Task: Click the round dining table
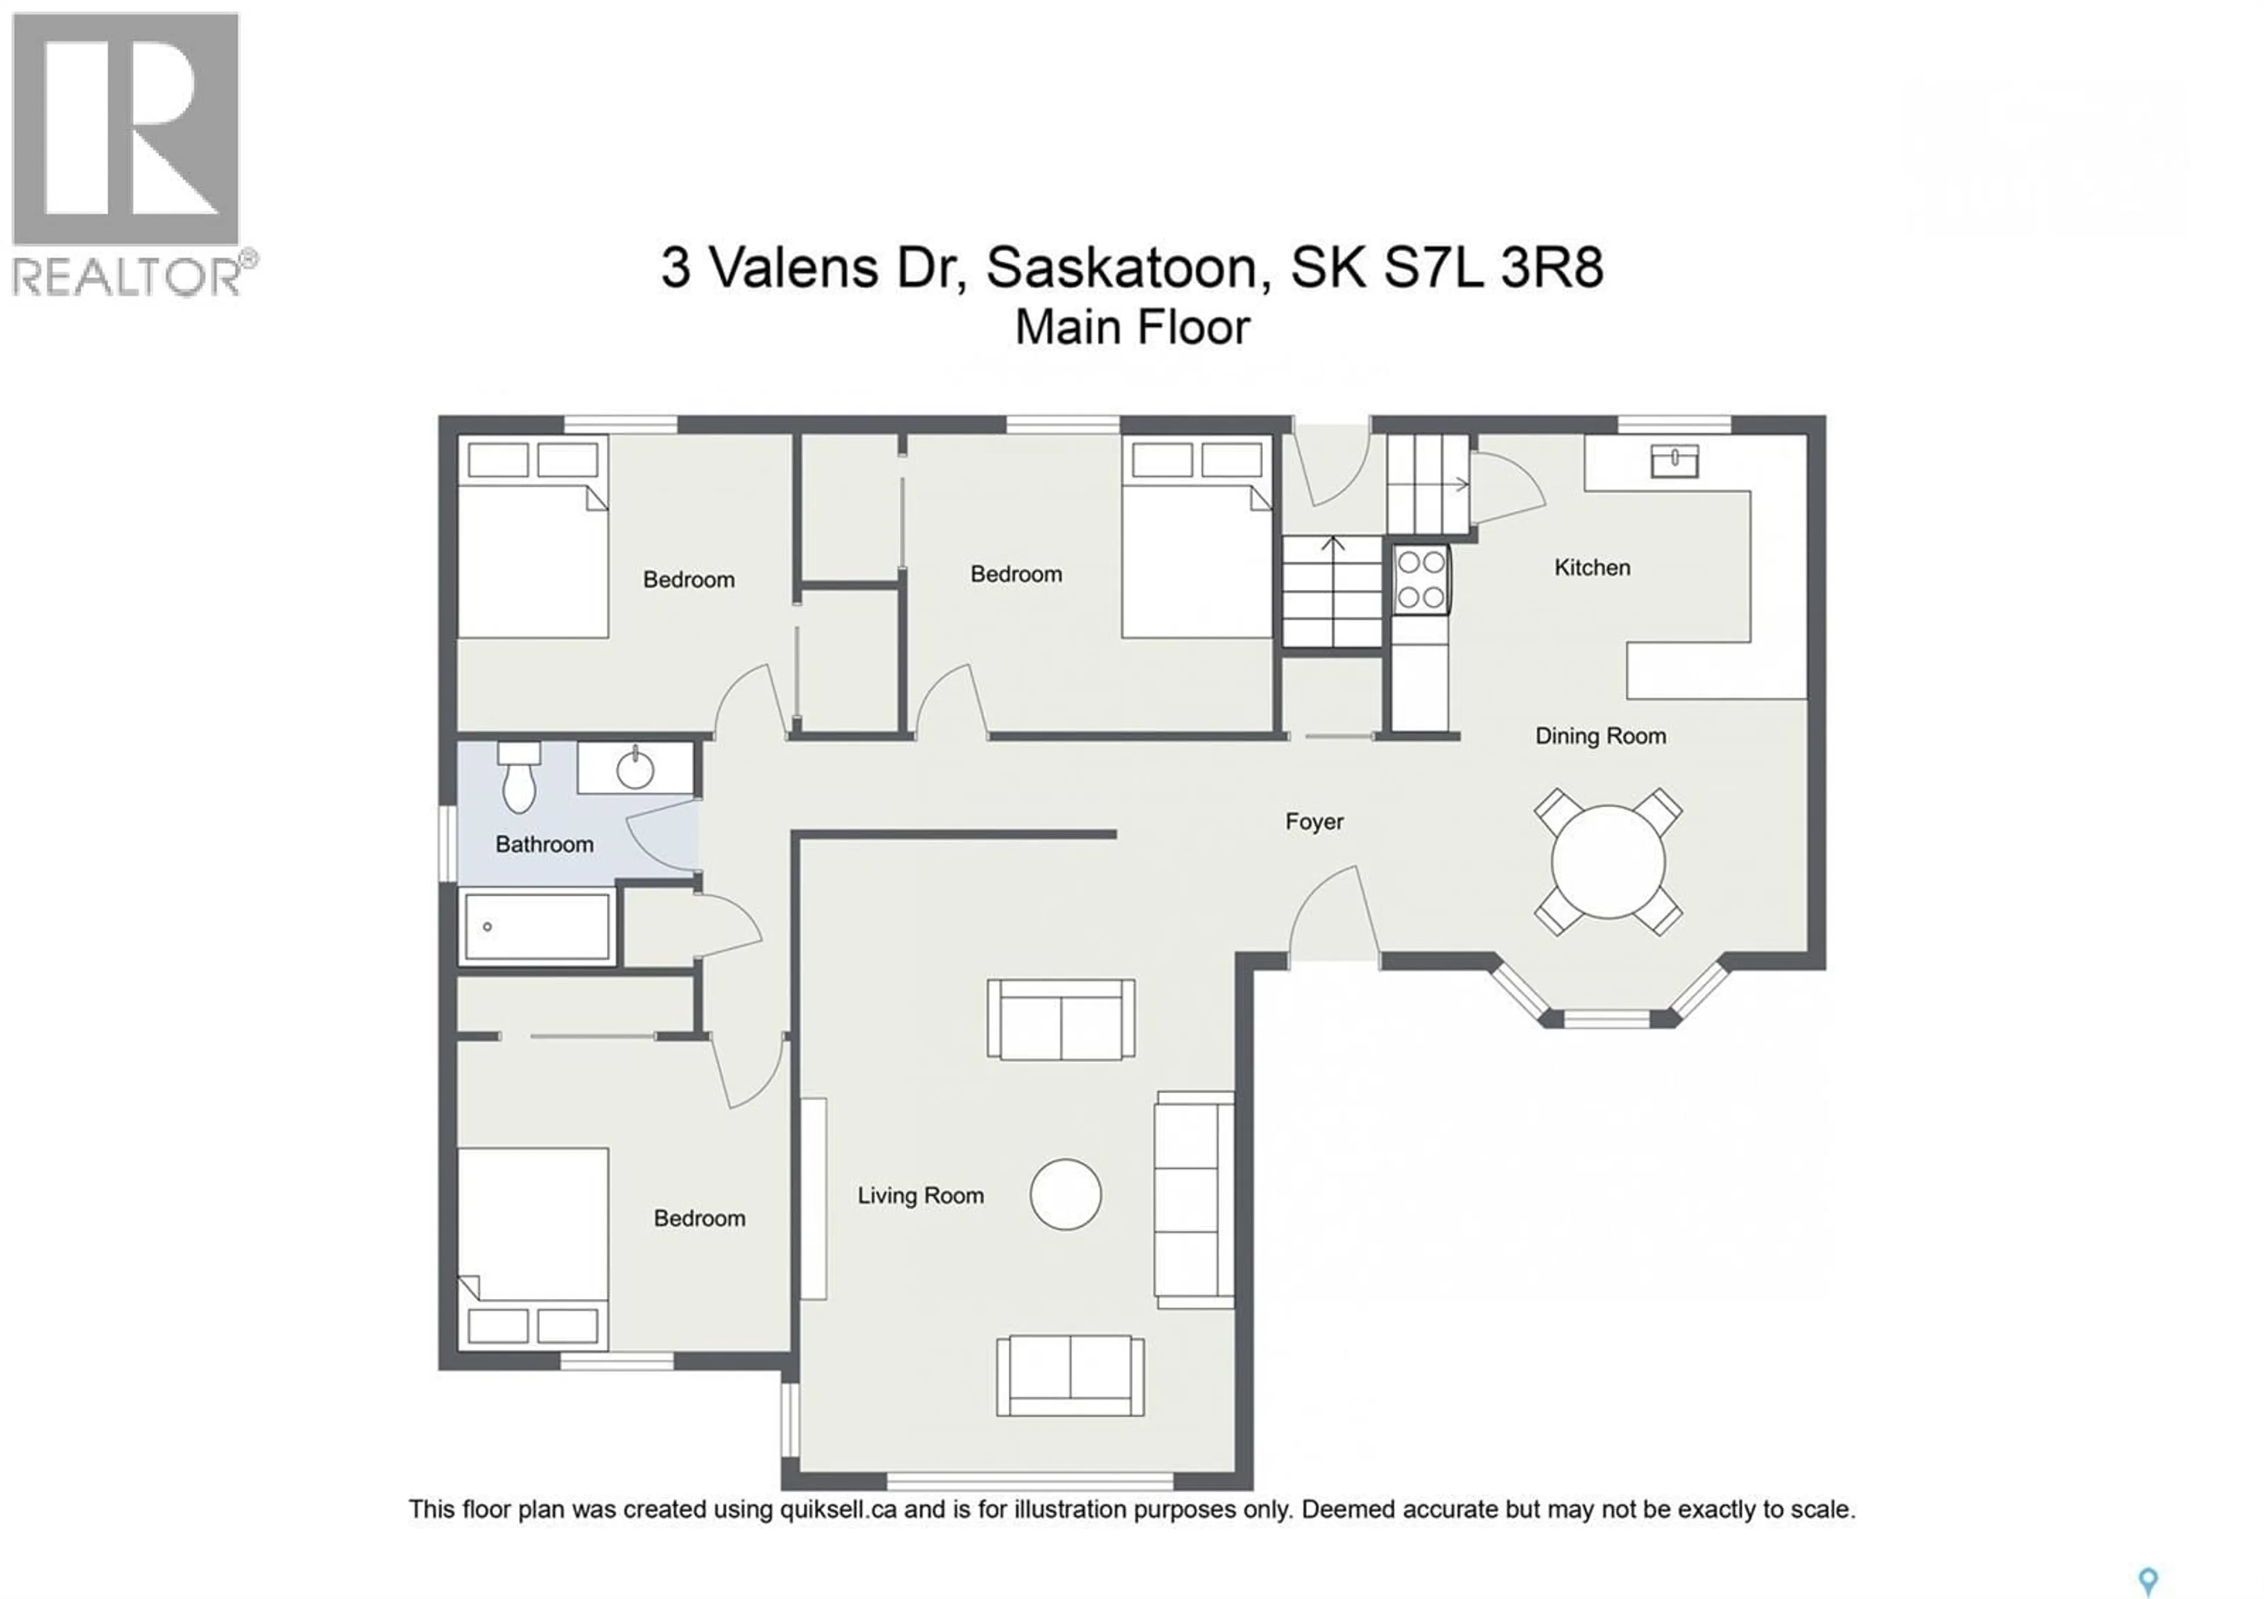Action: [1608, 861]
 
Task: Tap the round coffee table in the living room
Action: [1066, 1194]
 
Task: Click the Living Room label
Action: [920, 1196]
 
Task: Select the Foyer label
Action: [1314, 821]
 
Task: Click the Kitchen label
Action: [1591, 568]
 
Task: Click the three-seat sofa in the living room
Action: [1194, 1200]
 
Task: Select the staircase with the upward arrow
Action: [1332, 591]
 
